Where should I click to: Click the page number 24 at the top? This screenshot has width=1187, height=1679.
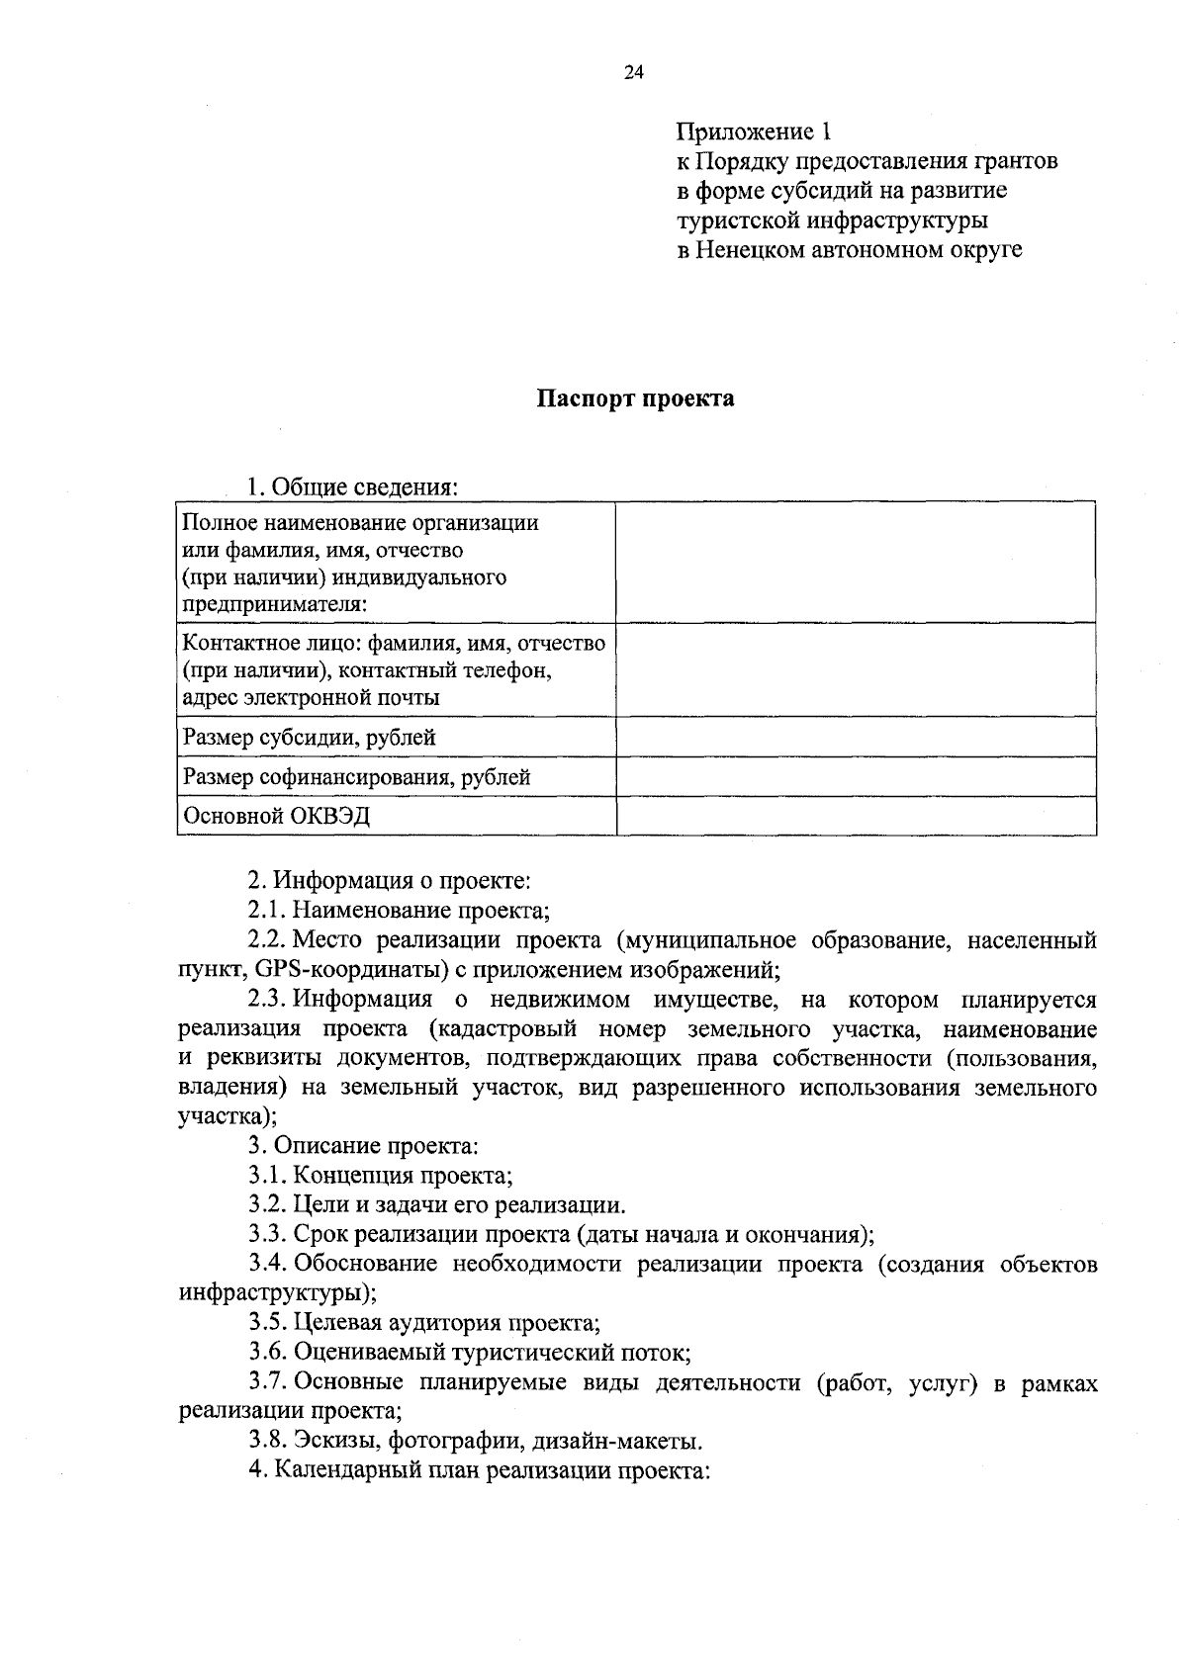click(634, 72)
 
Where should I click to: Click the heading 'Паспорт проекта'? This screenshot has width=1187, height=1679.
click(635, 398)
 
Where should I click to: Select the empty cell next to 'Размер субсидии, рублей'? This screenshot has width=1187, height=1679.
click(855, 737)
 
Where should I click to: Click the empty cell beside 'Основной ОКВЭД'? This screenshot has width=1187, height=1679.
click(855, 816)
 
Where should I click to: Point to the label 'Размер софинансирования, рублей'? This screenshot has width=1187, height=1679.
click(357, 777)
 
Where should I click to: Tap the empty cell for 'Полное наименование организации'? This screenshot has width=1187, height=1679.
click(855, 562)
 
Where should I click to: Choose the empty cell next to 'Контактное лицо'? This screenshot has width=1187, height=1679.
click(855, 669)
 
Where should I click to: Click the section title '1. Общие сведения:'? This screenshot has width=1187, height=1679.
click(352, 487)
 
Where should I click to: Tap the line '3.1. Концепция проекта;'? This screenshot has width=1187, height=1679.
click(381, 1176)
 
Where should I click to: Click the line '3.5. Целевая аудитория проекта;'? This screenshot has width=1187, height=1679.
click(424, 1322)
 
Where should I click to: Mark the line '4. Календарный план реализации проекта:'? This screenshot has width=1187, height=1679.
click(480, 1469)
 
